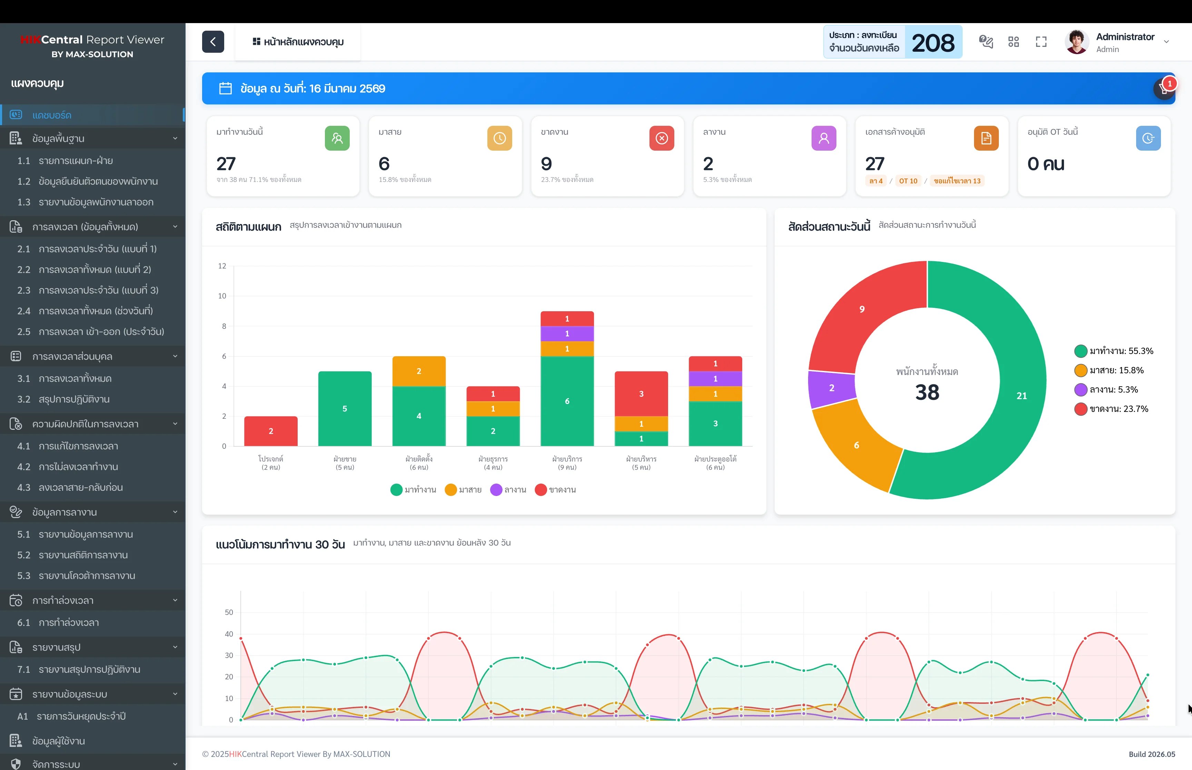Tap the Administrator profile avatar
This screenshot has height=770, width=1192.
tap(1076, 42)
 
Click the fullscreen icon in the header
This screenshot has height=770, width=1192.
tap(1041, 42)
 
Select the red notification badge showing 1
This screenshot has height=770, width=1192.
tap(1170, 83)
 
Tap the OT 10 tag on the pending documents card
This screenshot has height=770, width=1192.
tap(908, 181)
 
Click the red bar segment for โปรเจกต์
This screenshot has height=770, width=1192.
tap(271, 431)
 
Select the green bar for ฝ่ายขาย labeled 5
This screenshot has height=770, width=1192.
tap(345, 408)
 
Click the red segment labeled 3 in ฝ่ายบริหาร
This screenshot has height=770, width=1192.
tap(641, 394)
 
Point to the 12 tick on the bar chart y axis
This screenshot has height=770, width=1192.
tap(222, 266)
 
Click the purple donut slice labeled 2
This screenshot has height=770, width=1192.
tap(831, 388)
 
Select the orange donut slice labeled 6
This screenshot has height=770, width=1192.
tap(856, 445)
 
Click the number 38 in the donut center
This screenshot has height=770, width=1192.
tap(927, 393)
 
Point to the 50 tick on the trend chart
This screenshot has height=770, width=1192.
tap(229, 612)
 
